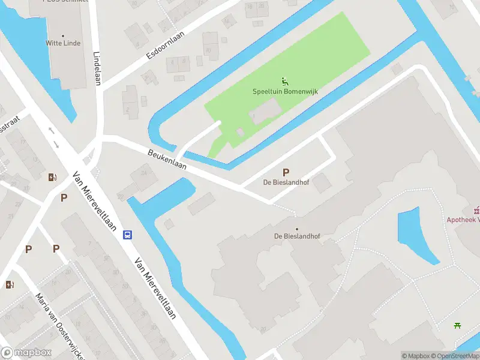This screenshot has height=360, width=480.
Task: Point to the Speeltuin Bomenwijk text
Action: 284,92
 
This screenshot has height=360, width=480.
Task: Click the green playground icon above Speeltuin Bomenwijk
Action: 284,81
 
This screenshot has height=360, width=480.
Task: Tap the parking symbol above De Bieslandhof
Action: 286,172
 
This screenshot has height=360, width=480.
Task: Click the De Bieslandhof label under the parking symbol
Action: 286,182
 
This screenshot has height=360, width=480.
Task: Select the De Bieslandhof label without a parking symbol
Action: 297,236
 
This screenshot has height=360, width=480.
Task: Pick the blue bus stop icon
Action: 128,235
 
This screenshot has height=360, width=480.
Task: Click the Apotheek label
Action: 463,220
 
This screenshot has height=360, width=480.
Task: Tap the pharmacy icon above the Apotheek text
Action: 477,209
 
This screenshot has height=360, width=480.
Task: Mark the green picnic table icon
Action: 458,326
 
